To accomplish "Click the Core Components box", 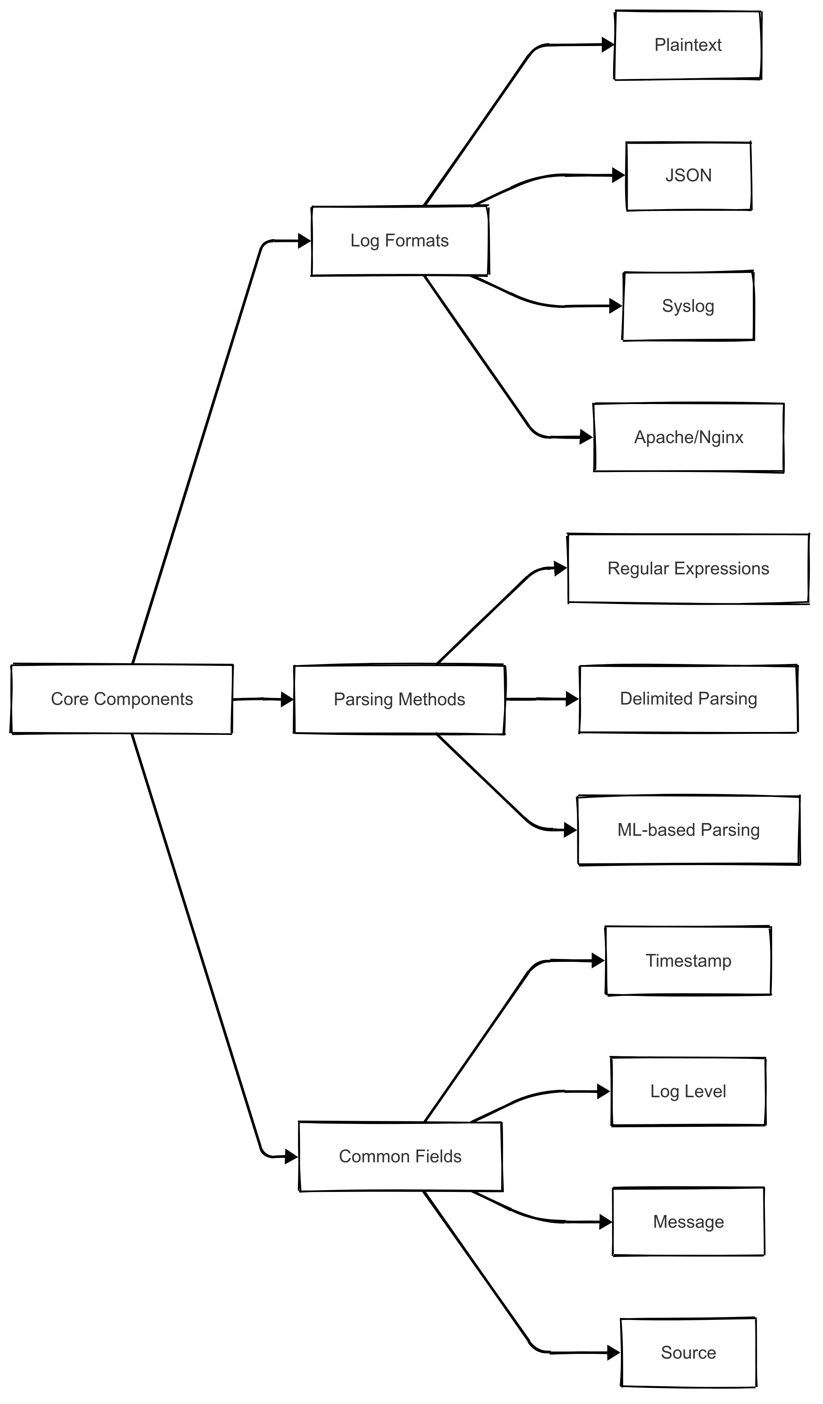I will [x=121, y=699].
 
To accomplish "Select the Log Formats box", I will [x=400, y=241].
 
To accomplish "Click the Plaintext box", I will [x=688, y=45].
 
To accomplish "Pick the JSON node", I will [x=688, y=175].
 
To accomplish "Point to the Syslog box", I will [x=688, y=306].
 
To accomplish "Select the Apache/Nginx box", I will [x=688, y=437].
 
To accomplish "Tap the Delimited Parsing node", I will [x=688, y=699].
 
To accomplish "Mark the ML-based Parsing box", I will [x=688, y=830].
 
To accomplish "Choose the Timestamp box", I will [x=688, y=960].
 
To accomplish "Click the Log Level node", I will [x=688, y=1091].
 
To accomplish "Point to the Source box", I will [x=688, y=1352].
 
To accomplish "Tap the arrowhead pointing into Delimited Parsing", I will [x=572, y=699].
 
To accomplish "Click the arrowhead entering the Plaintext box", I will [x=608, y=45].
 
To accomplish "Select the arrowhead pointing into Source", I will [x=614, y=1352].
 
